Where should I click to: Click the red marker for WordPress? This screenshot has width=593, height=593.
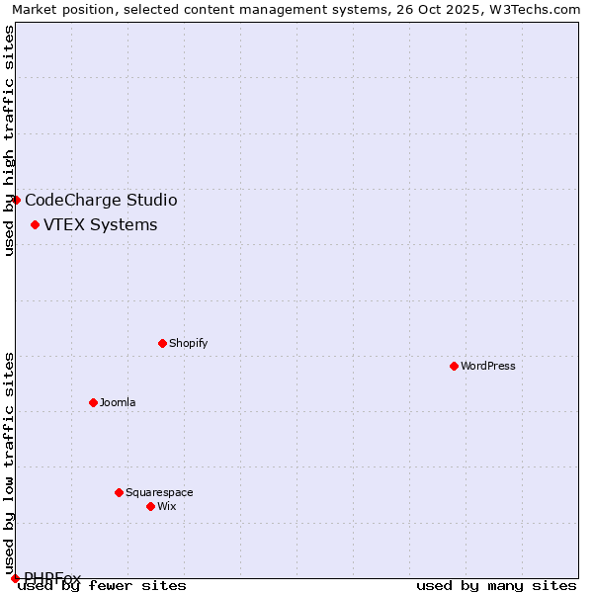[x=454, y=366]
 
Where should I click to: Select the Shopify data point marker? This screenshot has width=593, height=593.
[x=162, y=343]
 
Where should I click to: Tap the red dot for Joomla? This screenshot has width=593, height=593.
[x=93, y=402]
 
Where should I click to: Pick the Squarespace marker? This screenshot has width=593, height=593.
[x=119, y=492]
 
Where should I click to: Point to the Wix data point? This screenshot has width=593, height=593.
[x=150, y=506]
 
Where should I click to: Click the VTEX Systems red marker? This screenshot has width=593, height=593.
[x=35, y=225]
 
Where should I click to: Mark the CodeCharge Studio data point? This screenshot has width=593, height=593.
[x=16, y=200]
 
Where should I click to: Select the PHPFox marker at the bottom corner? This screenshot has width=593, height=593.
[x=15, y=578]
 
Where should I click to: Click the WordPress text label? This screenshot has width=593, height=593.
[x=488, y=366]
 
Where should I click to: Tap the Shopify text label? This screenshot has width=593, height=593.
[x=188, y=343]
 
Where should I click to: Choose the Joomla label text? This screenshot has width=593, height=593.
[x=118, y=402]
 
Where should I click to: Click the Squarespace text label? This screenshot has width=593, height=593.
[x=159, y=492]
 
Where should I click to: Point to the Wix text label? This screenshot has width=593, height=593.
[x=166, y=506]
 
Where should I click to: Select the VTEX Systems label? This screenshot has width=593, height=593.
[x=100, y=224]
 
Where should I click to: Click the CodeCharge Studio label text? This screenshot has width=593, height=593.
[x=101, y=200]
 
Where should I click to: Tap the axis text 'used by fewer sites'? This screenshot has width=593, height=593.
[x=102, y=585]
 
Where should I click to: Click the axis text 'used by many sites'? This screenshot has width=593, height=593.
[x=496, y=585]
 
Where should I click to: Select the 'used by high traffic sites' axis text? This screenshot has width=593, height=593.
[x=9, y=140]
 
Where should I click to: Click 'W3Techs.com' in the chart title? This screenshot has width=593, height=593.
[x=531, y=9]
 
